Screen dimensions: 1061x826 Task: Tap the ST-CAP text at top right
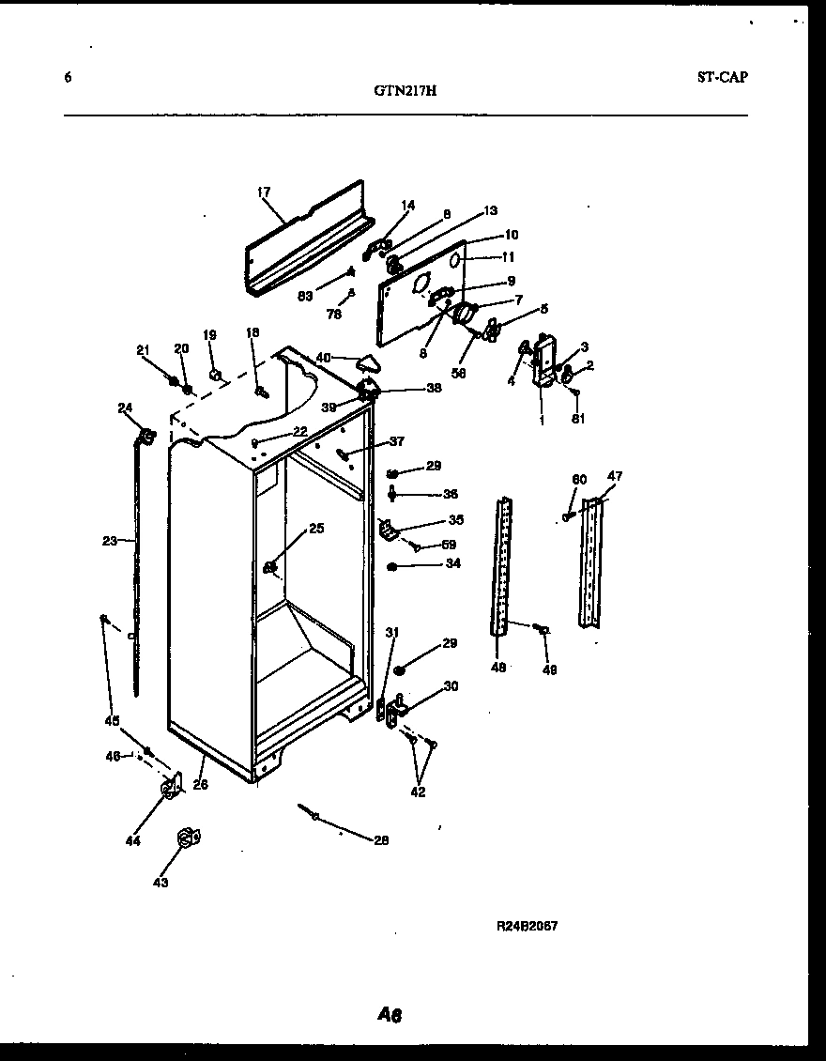[x=722, y=78]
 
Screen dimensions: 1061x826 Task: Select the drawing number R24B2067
[x=527, y=925]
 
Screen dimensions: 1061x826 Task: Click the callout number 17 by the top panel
[x=263, y=192]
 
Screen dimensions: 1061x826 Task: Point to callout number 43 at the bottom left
[x=161, y=883]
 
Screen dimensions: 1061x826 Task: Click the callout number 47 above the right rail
[x=614, y=477]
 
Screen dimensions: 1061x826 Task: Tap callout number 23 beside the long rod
[x=110, y=540]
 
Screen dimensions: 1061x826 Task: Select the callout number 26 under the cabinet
[x=200, y=785]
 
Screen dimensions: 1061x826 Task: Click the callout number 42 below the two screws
[x=418, y=792]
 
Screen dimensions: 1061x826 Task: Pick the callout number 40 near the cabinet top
[x=323, y=357]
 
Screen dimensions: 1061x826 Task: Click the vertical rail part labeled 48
[x=504, y=563]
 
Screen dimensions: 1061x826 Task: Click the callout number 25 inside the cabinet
[x=316, y=529]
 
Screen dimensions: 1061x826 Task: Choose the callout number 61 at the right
[x=578, y=419]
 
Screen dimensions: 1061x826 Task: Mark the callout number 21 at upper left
[x=143, y=350]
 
